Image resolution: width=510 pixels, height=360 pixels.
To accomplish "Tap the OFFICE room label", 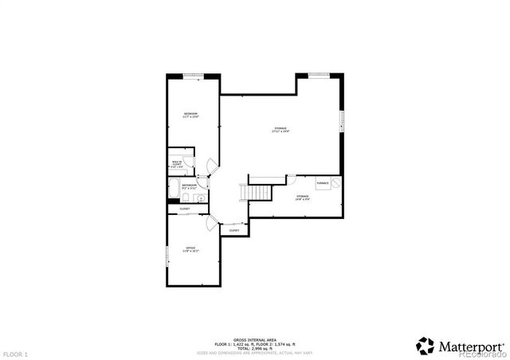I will point(191,249).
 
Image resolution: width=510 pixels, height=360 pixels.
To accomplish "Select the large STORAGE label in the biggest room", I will point(280,129).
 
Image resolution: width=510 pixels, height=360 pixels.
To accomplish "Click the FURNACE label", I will point(323,183).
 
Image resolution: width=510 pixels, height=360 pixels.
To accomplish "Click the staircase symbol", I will point(255,194).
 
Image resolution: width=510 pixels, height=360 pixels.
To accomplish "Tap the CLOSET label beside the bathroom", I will point(184,209).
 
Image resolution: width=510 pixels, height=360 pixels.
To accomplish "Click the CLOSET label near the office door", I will point(234,230).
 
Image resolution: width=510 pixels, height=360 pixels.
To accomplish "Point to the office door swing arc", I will point(210,224).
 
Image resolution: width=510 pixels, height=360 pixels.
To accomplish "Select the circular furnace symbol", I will point(336,182).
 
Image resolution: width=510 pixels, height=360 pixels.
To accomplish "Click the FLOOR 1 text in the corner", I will point(15,353).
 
